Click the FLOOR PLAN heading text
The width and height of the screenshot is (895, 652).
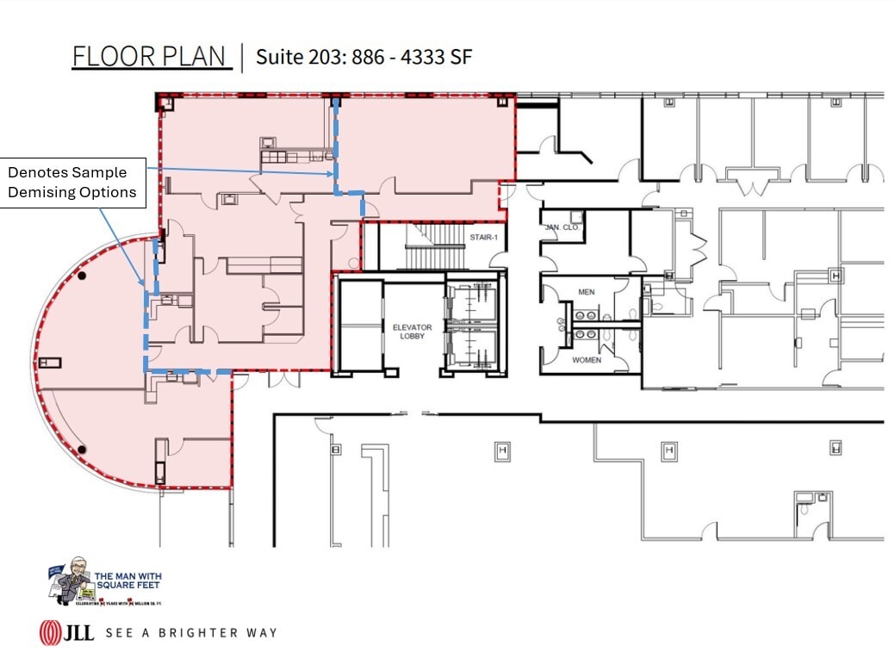click(151, 56)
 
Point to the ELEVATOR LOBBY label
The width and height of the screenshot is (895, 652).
click(412, 332)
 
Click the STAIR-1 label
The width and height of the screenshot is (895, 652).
click(483, 237)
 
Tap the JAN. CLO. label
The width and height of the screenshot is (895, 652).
click(560, 227)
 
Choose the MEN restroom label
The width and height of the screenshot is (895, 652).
click(587, 292)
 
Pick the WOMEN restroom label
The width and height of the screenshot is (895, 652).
click(587, 360)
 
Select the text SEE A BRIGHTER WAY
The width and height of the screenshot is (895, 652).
click(190, 633)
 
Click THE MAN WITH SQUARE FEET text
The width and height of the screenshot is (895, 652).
click(127, 581)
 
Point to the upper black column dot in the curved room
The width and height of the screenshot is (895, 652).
click(82, 276)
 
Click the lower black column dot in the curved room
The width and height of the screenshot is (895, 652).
click(82, 449)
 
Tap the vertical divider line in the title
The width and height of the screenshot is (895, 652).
click(242, 57)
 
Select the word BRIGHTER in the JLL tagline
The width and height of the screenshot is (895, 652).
click(203, 633)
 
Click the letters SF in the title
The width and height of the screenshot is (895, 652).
click(460, 57)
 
